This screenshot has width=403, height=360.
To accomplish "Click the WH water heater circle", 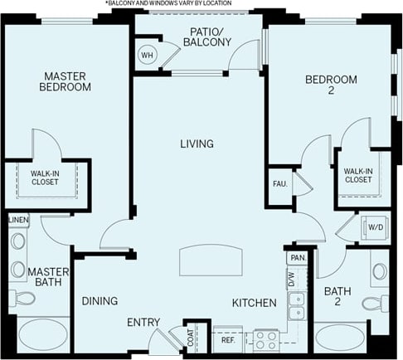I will click(x=148, y=56).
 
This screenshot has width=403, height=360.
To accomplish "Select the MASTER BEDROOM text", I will click(x=66, y=80).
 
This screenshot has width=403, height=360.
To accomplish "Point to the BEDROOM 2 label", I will click(x=331, y=85).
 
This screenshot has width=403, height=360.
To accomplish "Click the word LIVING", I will click(x=197, y=144).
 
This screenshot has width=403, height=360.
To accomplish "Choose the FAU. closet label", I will click(x=279, y=183).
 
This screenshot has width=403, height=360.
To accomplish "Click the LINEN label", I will click(x=19, y=220).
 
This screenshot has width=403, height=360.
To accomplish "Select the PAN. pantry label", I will click(x=296, y=259).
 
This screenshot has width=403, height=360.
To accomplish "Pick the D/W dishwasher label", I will click(x=292, y=280).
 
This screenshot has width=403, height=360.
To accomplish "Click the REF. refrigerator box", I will click(x=226, y=338).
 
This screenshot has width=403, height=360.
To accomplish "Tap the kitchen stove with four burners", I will click(x=265, y=338).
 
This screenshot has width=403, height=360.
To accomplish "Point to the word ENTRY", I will click(x=143, y=322).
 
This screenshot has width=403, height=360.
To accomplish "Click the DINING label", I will click(x=99, y=300).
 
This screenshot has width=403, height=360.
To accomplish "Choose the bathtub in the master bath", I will click(x=43, y=335).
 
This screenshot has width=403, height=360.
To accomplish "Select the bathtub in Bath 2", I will click(x=340, y=338).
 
